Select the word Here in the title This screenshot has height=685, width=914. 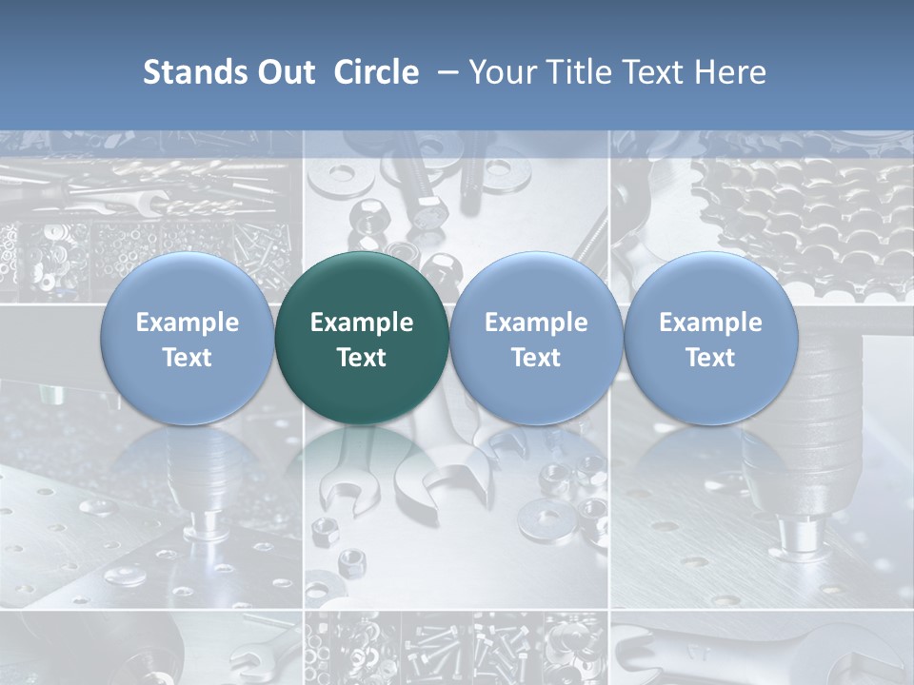click(733, 72)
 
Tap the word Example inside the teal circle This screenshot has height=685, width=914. click(362, 323)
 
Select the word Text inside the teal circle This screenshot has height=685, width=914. click(362, 358)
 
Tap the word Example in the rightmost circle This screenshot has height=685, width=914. click(710, 323)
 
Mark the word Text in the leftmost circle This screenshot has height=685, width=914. click(188, 358)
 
